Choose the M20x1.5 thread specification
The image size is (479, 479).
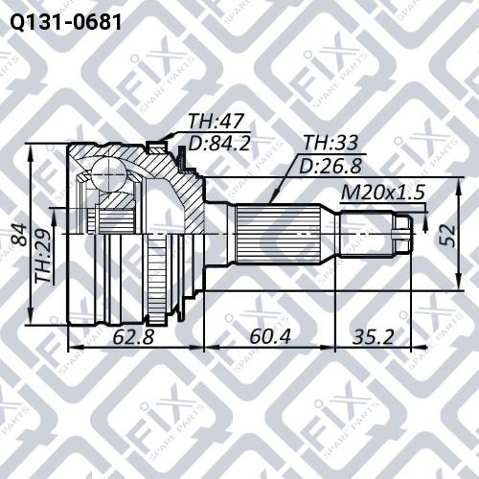click(383, 193)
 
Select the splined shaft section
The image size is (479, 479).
click(287, 230)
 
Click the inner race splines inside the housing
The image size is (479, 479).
click(115, 220)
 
